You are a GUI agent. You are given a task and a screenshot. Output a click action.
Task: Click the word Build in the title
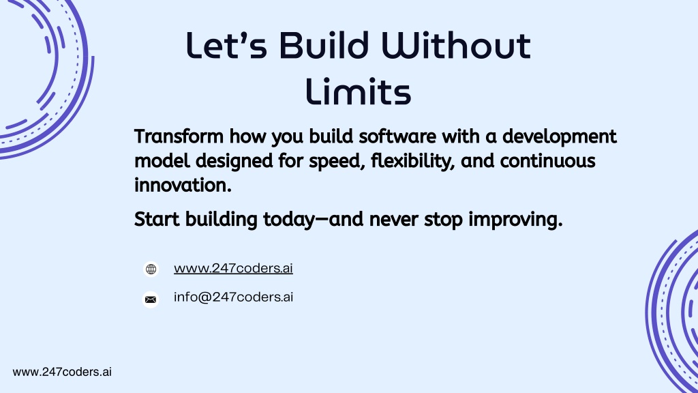324,46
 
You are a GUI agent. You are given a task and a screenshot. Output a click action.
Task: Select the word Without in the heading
456,46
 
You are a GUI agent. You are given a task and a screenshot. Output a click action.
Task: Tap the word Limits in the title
359,91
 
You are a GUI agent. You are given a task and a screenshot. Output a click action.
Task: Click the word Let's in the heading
226,46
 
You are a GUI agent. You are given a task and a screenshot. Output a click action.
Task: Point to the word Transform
179,136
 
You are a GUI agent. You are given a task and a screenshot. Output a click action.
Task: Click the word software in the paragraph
397,136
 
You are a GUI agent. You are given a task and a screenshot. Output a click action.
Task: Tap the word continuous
547,161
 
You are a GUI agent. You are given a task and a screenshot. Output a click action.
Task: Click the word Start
157,219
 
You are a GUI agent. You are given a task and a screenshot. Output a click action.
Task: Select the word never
393,220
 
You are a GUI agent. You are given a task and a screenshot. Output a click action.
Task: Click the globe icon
151,269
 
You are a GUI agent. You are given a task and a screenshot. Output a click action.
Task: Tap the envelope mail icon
151,300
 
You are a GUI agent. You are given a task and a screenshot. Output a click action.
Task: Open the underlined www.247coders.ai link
233,268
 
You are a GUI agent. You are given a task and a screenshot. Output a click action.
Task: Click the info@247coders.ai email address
233,297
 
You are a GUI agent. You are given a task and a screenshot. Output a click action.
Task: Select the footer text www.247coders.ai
62,372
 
